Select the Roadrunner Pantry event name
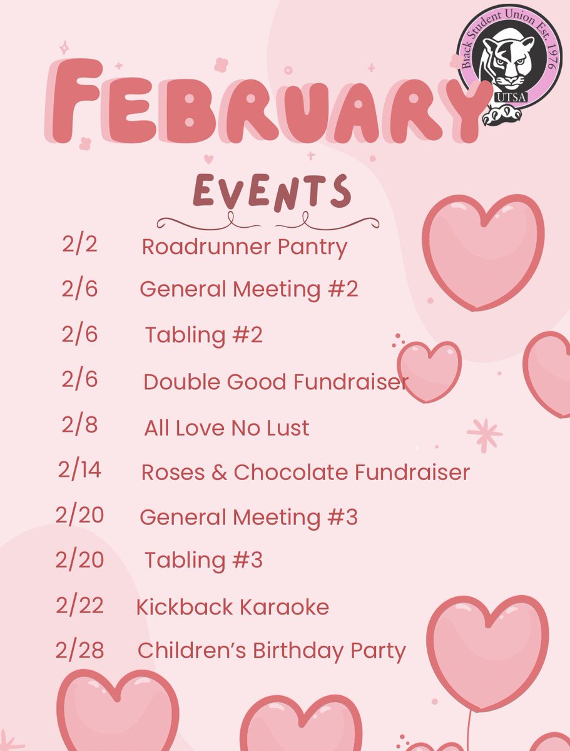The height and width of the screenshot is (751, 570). coord(244,247)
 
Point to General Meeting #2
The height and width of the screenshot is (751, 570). coord(248,290)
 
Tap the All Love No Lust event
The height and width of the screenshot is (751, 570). coord(226,428)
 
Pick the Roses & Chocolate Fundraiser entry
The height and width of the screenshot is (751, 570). coord(305,473)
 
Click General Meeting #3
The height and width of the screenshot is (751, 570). coord(248,518)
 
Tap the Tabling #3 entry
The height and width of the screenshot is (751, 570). coord(203,560)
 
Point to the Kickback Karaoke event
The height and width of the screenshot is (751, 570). coord(232,606)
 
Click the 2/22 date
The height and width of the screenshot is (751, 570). coord(79,605)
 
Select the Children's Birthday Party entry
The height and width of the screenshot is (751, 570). coord(272,651)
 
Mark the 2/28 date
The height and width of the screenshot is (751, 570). coord(79,650)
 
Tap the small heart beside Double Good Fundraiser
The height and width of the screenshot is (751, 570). coord(429,370)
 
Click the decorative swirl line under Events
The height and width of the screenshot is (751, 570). coord(268,220)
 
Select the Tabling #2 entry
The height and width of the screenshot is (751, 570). coord(203,335)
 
